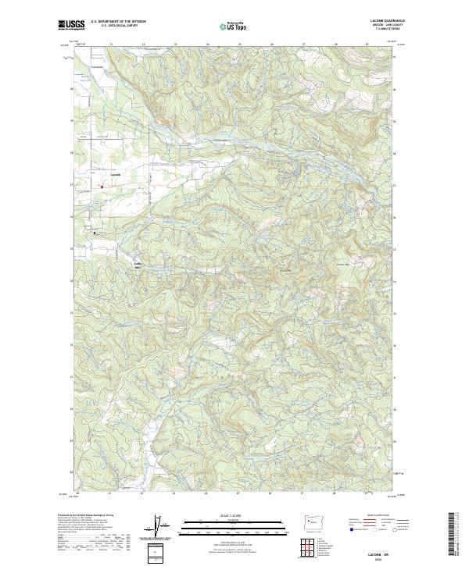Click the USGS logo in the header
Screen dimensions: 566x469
pyautogui.click(x=72, y=25)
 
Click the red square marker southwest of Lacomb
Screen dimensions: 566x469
pyautogui.click(x=101, y=186)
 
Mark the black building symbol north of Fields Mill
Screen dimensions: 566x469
pyautogui.click(x=95, y=232)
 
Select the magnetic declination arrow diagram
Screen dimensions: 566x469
pyautogui.click(x=162, y=527)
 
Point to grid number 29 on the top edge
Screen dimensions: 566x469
pyautogui.click(x=367, y=44)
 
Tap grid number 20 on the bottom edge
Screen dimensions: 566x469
pyautogui.click(x=78, y=494)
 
